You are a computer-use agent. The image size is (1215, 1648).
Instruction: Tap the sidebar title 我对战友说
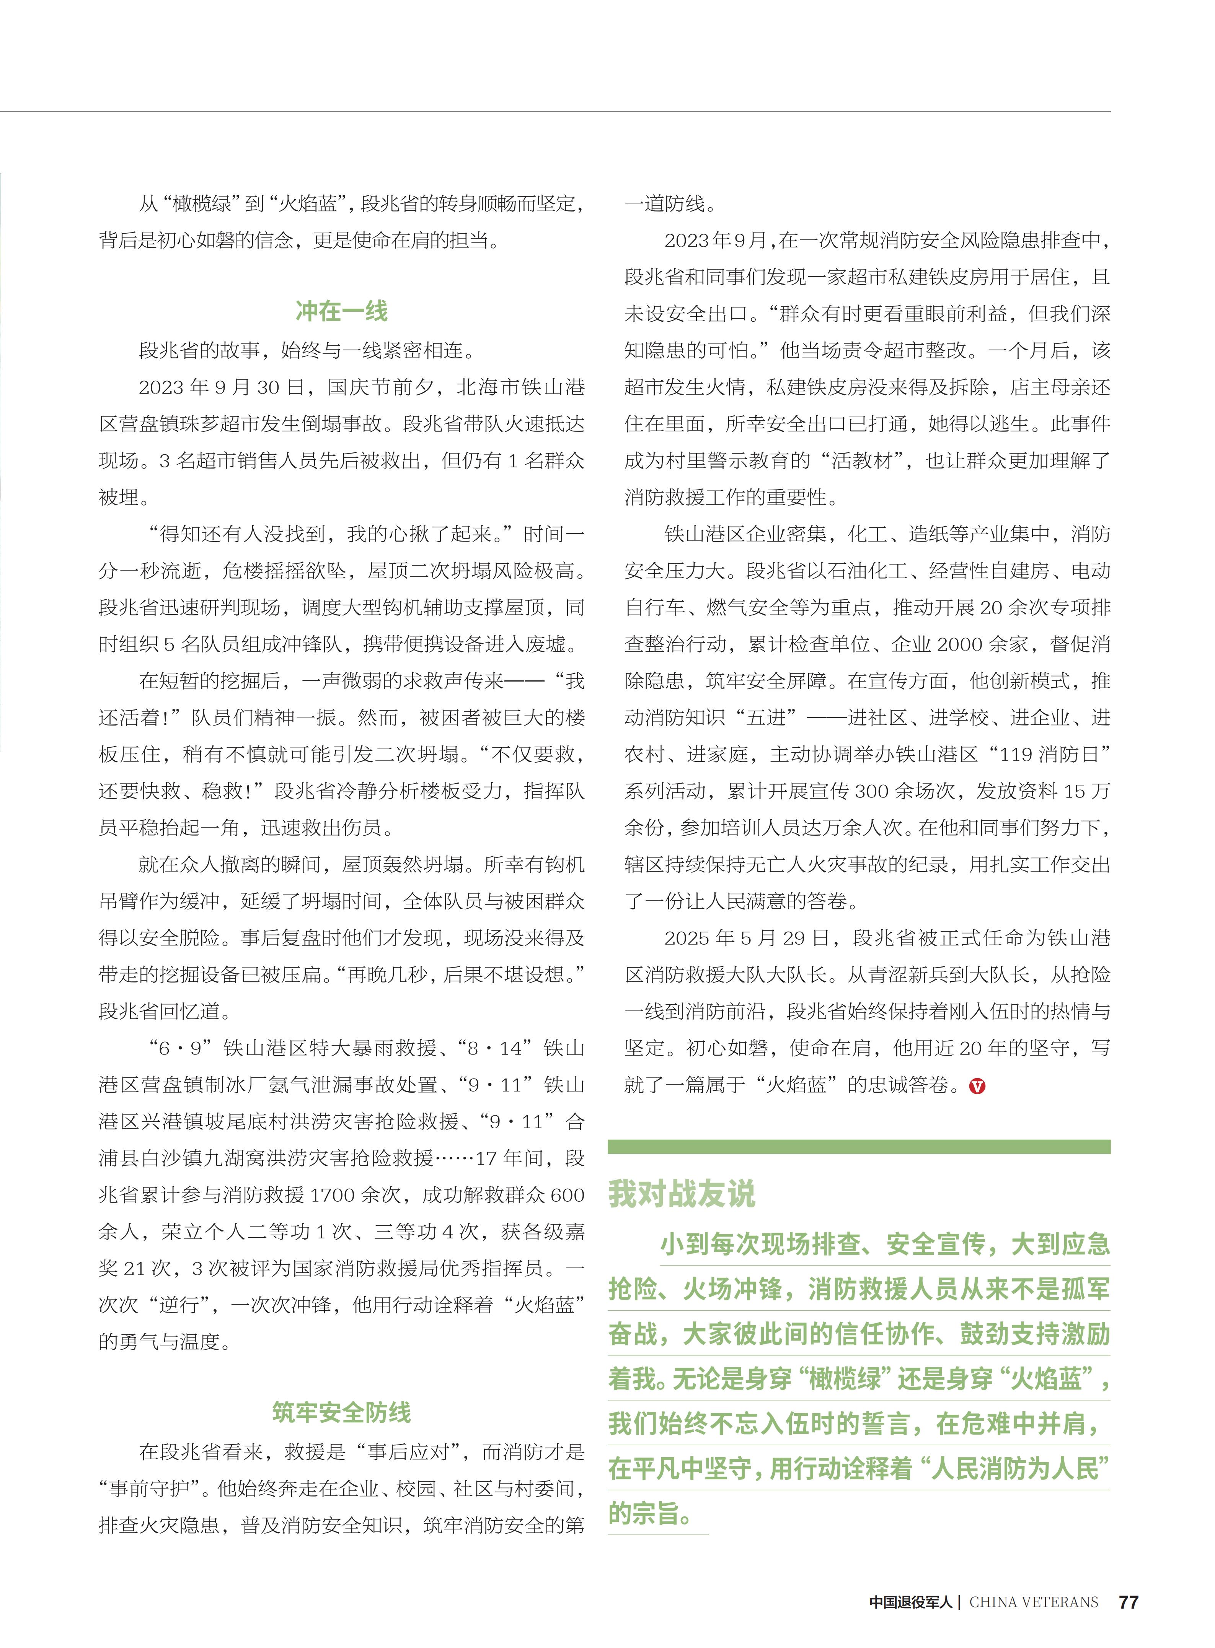point(682,1194)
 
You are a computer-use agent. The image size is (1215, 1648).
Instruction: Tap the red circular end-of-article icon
point(977,1086)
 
